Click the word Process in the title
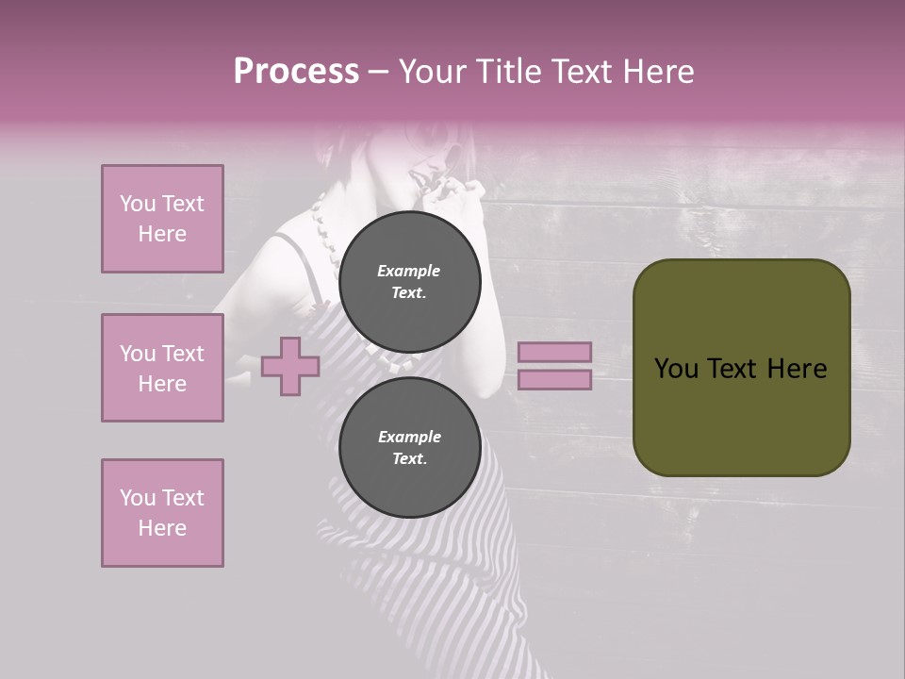tap(296, 72)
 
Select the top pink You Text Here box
tap(162, 219)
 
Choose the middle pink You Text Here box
tap(162, 368)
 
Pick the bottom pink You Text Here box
tap(162, 513)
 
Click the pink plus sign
tap(290, 366)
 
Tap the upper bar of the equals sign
tap(554, 352)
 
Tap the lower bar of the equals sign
tap(554, 380)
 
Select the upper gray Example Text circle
tap(409, 281)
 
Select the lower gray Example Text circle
tap(409, 447)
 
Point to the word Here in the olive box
tap(797, 368)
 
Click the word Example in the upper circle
tap(409, 271)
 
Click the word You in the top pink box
tap(137, 204)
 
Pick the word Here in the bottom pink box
tap(162, 528)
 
